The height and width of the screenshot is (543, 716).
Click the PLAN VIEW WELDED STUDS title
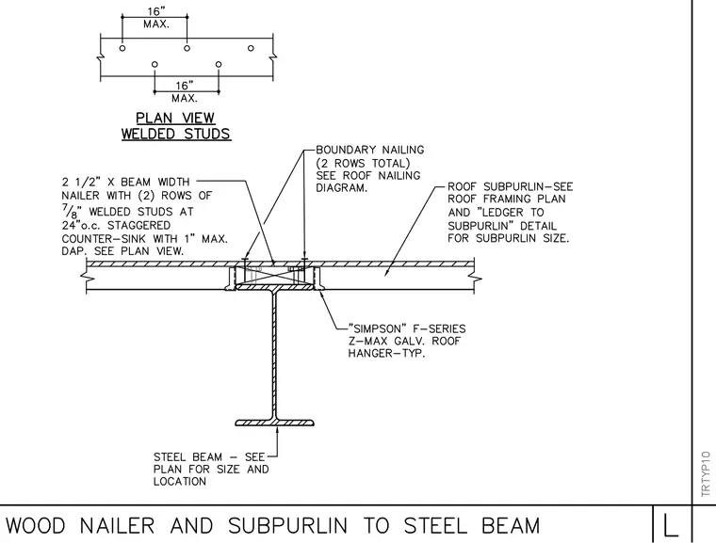click(x=176, y=126)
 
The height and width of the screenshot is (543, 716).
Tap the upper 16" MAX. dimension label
click(x=156, y=18)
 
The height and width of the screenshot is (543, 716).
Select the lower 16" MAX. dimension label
click(x=185, y=91)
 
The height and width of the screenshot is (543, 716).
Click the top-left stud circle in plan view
click(x=122, y=48)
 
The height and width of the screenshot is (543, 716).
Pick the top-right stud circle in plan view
click(x=251, y=48)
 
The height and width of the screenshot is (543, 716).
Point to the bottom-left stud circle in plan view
click(x=155, y=64)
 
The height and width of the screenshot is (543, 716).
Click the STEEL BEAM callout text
click(x=211, y=469)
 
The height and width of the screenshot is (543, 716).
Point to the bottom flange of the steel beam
click(x=274, y=423)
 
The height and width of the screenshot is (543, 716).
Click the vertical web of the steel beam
click(x=274, y=355)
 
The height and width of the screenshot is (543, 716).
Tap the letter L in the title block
click(x=670, y=526)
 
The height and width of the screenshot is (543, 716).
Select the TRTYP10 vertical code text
click(x=706, y=473)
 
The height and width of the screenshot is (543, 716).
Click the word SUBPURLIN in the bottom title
click(x=287, y=526)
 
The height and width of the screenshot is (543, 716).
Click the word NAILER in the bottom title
click(x=118, y=526)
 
